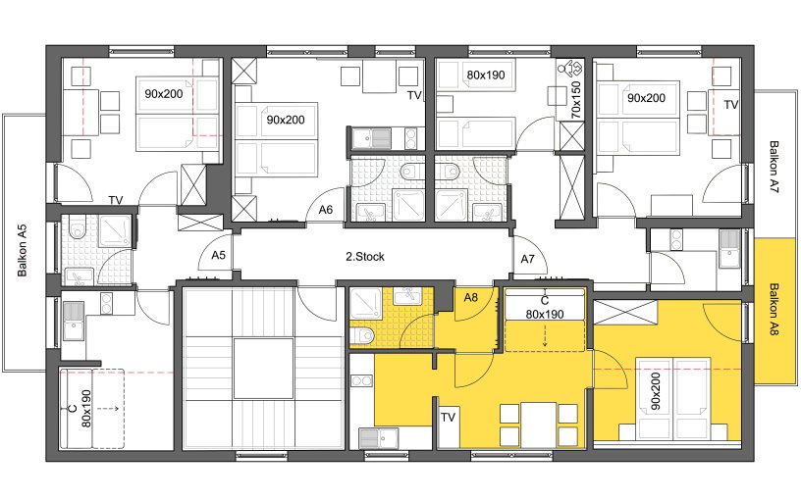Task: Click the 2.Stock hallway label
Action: tap(365, 257)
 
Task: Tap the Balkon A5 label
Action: tap(22, 251)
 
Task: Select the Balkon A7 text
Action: tap(774, 167)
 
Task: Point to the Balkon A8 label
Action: tap(774, 309)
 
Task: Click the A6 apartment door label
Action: tap(326, 209)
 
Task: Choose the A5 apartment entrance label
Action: tap(219, 254)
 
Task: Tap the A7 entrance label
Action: tap(528, 259)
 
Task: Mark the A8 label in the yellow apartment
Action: tap(470, 297)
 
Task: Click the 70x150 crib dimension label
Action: tap(576, 100)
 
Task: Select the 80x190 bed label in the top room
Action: tap(485, 75)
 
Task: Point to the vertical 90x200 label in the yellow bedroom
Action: tap(656, 391)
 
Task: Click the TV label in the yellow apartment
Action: tap(448, 418)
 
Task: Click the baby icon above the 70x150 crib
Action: tap(570, 69)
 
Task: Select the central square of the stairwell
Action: tap(264, 368)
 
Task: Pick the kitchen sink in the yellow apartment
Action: tap(379, 438)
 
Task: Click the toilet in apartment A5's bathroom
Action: tap(77, 229)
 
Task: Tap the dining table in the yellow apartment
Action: tap(539, 424)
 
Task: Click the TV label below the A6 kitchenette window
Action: tap(414, 95)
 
